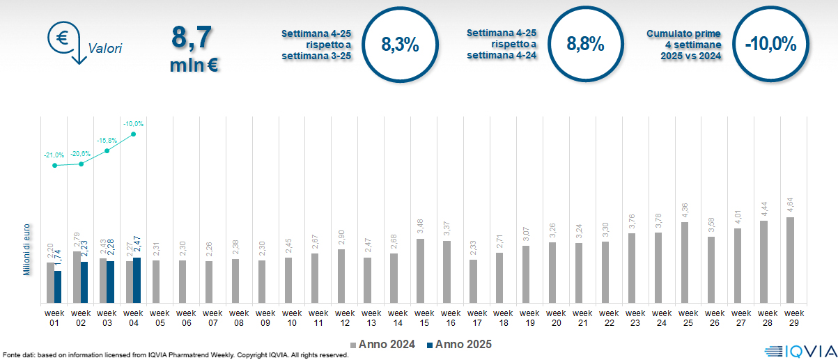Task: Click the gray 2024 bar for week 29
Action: point(790,260)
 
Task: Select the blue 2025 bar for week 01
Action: point(58,287)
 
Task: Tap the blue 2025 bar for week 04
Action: point(137,281)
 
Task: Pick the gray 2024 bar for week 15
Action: point(420,271)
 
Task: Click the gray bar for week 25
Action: point(684,263)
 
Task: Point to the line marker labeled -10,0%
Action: point(133,134)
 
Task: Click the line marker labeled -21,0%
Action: point(55,165)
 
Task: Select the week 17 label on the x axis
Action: point(477,318)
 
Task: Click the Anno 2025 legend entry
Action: point(460,345)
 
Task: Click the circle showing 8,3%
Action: point(400,45)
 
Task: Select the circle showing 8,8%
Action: point(584,45)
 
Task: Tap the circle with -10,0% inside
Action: point(770,45)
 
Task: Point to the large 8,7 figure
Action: point(191,39)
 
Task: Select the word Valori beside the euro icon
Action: point(105,49)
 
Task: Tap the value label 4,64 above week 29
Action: point(791,207)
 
